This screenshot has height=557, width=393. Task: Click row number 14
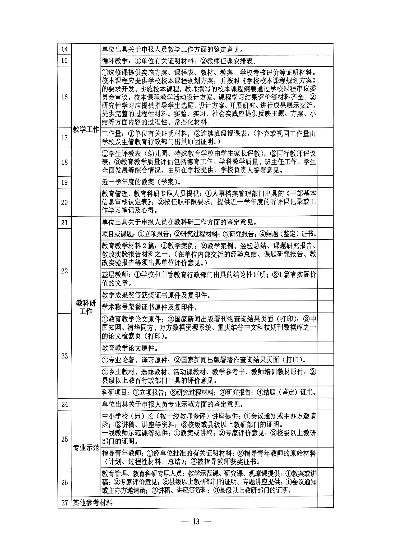(64, 49)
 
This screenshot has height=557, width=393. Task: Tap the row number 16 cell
(64, 97)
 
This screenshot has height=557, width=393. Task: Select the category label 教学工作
(86, 130)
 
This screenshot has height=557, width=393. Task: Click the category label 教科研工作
(86, 307)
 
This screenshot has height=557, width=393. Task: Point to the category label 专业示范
(86, 448)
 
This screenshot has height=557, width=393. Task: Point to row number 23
(64, 356)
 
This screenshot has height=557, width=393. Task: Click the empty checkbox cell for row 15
(325, 61)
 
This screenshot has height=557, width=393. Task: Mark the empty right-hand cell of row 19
(325, 182)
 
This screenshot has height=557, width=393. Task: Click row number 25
(64, 439)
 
